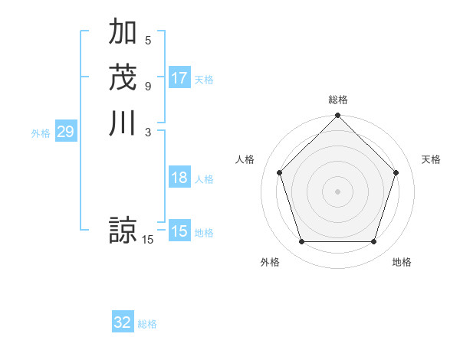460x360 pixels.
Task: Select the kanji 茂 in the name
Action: pos(123,77)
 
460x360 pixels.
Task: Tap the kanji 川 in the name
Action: pos(123,123)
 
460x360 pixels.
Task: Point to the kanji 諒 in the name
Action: pos(123,231)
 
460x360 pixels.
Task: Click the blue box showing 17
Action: pos(179,78)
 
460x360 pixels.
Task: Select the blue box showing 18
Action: pos(179,178)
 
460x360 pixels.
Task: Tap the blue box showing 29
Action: pos(65,132)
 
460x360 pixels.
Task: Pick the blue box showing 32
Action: pos(123,322)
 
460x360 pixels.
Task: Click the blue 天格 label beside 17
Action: pos(204,80)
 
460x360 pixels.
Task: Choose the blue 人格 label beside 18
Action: pos(204,179)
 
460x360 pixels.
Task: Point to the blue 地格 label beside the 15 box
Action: pos(204,233)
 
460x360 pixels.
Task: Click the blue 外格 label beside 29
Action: pos(41,133)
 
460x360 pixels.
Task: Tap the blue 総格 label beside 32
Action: pos(147,324)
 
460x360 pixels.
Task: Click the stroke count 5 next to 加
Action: pos(148,40)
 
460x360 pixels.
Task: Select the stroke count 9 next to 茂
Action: pos(148,85)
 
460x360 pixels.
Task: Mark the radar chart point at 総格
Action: pos(337,116)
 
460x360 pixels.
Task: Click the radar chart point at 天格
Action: pos(396,172)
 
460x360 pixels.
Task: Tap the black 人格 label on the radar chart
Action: pos(245,159)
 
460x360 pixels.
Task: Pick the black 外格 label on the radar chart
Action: pos(270,262)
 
